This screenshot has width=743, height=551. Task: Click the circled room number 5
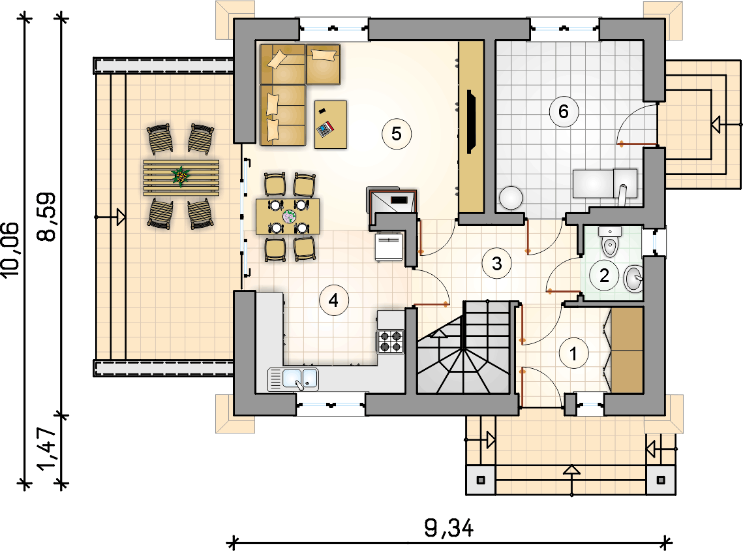click(397, 134)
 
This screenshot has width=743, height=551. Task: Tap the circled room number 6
click(564, 112)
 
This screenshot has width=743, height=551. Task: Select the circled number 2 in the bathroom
click(604, 275)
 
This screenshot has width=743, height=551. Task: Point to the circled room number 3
click(496, 264)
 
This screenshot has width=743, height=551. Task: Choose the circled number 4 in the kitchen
click(333, 300)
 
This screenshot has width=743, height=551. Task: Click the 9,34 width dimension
click(449, 527)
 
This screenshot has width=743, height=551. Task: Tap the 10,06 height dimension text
click(11, 249)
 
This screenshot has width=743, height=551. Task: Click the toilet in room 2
click(609, 242)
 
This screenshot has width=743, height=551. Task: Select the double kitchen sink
click(294, 379)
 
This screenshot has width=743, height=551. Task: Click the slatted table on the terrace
click(181, 178)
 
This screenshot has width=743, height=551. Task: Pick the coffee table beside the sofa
click(331, 124)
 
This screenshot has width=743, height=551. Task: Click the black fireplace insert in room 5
click(471, 122)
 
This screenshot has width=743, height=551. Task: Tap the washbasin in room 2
click(633, 279)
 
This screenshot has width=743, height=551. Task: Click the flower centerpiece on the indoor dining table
click(288, 217)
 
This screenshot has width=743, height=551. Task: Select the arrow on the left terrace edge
click(110, 217)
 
